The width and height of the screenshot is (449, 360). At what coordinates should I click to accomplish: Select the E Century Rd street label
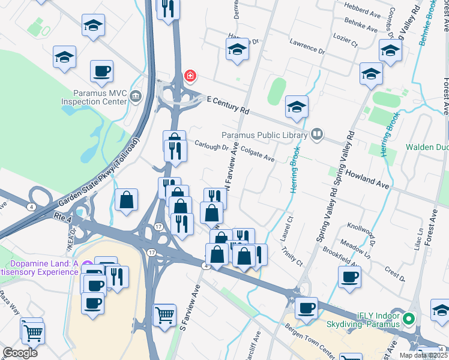pos(228,105)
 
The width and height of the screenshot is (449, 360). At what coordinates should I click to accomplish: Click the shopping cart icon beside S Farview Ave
pos(164,313)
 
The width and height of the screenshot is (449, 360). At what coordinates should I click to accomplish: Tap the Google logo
pos(20,353)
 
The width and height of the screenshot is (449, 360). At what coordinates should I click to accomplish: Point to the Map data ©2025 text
pos(423,355)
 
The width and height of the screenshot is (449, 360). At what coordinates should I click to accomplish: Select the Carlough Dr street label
pos(211,146)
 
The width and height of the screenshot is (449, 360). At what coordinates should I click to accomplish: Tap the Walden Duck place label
pos(427,146)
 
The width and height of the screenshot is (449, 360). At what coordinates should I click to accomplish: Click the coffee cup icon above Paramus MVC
pos(101,71)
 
